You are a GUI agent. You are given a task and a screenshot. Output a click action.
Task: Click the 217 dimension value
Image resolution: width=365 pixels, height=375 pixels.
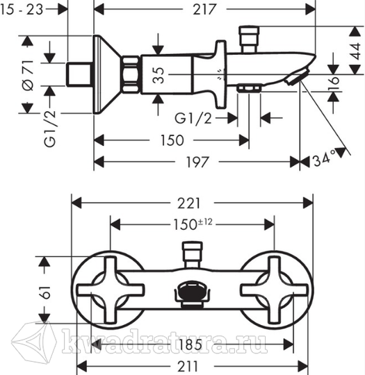click(x=204, y=10)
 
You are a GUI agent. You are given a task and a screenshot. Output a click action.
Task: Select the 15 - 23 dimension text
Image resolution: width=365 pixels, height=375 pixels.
click(x=22, y=10)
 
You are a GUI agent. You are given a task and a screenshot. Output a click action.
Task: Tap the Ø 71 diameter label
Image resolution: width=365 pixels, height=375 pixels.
click(x=28, y=75)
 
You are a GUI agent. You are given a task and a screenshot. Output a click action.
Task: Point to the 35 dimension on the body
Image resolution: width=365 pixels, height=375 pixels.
click(x=159, y=75)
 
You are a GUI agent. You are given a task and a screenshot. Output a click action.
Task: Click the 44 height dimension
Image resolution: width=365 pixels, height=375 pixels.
click(x=355, y=51)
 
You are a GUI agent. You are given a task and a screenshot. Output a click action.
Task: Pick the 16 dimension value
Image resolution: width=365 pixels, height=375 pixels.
click(x=334, y=83)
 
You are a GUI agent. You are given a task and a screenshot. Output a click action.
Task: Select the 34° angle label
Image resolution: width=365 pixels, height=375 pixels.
click(x=325, y=158)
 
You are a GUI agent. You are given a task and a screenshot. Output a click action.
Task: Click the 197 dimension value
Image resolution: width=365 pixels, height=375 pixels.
click(x=197, y=162)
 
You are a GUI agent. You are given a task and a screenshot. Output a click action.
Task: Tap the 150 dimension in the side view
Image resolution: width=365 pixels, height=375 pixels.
click(x=172, y=140)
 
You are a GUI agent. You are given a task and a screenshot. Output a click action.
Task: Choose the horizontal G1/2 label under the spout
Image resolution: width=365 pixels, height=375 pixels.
click(x=193, y=118)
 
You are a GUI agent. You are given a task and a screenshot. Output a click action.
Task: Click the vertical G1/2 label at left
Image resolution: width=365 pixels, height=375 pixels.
click(x=50, y=128)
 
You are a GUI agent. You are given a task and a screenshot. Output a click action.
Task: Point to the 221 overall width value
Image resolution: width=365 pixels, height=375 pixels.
click(x=188, y=203)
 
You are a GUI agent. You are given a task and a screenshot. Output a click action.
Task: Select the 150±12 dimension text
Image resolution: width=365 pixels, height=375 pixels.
click(x=193, y=224)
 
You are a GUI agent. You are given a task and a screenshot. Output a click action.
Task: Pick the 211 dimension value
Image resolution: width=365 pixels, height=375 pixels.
click(x=188, y=366)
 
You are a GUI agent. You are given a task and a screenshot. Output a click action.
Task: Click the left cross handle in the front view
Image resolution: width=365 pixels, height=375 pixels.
click(x=110, y=290)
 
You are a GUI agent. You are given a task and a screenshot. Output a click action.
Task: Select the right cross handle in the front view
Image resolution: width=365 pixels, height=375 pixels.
click(x=275, y=290)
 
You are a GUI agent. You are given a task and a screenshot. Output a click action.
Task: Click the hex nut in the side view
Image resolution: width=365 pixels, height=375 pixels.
click(x=131, y=74)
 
